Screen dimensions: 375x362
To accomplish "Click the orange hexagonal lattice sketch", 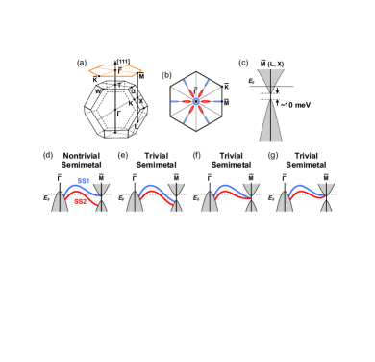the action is click(x=115, y=71).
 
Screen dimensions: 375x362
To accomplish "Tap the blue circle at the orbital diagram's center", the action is click(x=196, y=101).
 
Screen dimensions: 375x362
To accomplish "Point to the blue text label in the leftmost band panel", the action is click(x=84, y=181).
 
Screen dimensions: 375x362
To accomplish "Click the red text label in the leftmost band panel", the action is click(x=80, y=201).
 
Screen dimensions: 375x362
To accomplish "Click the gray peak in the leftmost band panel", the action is click(x=60, y=202).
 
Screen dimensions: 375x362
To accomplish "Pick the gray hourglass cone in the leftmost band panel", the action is click(x=101, y=196).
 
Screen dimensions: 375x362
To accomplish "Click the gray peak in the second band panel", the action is click(x=135, y=202).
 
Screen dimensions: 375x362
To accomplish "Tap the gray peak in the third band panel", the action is click(x=210, y=202).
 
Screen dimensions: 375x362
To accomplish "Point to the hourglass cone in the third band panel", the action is click(x=251, y=196).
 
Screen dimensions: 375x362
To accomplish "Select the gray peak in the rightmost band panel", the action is click(x=285, y=202).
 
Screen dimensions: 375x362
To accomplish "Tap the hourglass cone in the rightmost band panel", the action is click(x=326, y=196).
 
